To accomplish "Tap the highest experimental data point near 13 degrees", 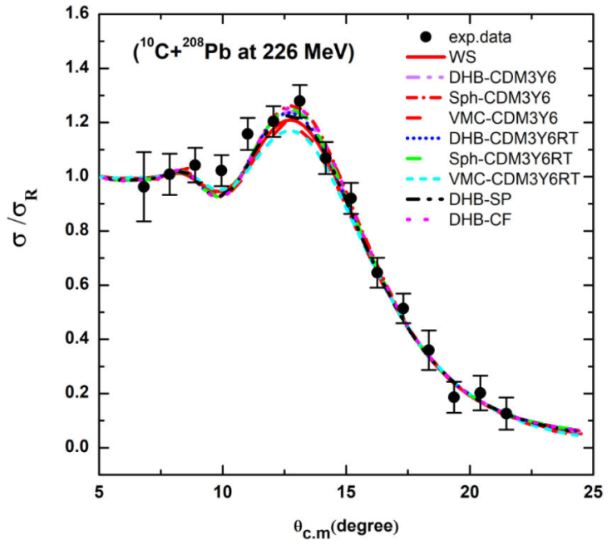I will point(299,101).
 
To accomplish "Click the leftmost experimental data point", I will point(144,186).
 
